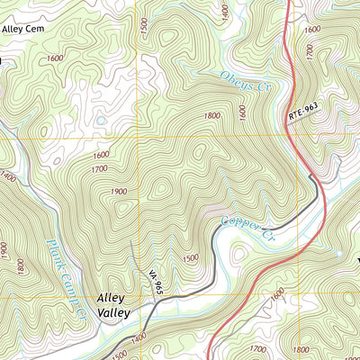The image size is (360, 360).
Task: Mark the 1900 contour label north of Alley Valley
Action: (118, 191)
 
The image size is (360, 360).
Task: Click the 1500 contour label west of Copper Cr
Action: (190, 258)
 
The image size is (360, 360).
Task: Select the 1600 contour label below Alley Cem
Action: (54, 58)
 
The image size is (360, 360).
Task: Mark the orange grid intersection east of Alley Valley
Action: (139, 293)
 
